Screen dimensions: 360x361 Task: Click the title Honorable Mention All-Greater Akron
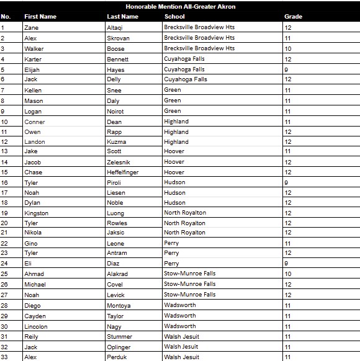pyautogui.click(x=180, y=7)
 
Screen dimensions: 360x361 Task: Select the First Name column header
pyautogui.click(x=40, y=17)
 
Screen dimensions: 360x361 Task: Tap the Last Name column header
pyautogui.click(x=122, y=17)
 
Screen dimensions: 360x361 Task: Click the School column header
pyautogui.click(x=174, y=17)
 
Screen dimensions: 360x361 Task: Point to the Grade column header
pyautogui.click(x=293, y=17)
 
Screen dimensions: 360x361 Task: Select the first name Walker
pyautogui.click(x=34, y=48)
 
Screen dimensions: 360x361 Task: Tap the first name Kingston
pyautogui.click(x=36, y=213)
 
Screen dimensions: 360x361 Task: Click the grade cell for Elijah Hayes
pyautogui.click(x=286, y=69)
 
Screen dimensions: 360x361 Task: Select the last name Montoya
pyautogui.click(x=119, y=306)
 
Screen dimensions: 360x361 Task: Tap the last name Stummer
pyautogui.click(x=119, y=337)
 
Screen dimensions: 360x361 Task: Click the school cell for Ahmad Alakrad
pyautogui.click(x=189, y=274)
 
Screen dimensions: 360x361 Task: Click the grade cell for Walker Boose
pyautogui.click(x=288, y=48)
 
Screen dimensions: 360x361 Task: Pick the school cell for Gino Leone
pyautogui.click(x=171, y=243)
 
